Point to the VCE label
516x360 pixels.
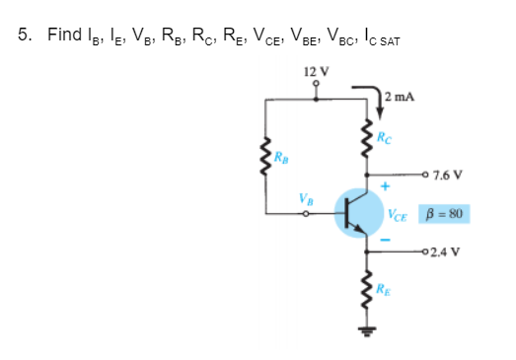399,214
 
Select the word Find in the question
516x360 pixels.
64,36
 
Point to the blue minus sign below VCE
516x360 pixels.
388,241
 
